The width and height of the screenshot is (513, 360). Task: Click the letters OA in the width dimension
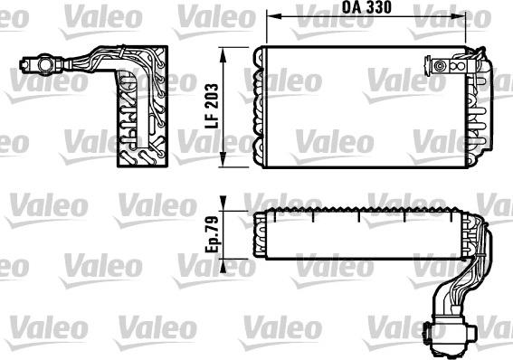pyautogui.click(x=354, y=8)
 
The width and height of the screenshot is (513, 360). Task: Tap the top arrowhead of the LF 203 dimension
pyautogui.click(x=225, y=47)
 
